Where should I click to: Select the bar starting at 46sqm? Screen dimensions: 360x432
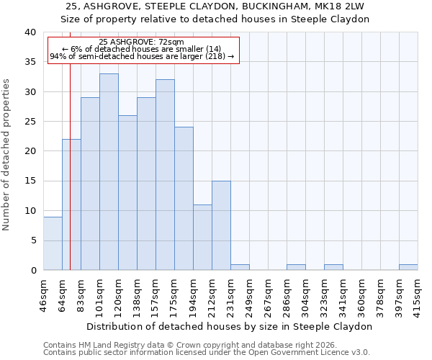(53, 243)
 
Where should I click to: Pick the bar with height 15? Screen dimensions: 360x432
(221, 225)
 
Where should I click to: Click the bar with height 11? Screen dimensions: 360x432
(202, 237)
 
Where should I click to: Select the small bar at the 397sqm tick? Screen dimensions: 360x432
(408, 267)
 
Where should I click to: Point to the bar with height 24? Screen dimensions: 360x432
(184, 198)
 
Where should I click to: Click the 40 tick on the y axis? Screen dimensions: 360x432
(30, 32)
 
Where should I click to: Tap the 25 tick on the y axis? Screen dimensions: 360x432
(30, 122)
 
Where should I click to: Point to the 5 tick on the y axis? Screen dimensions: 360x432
(33, 240)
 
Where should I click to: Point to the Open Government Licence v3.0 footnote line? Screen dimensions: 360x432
(207, 353)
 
